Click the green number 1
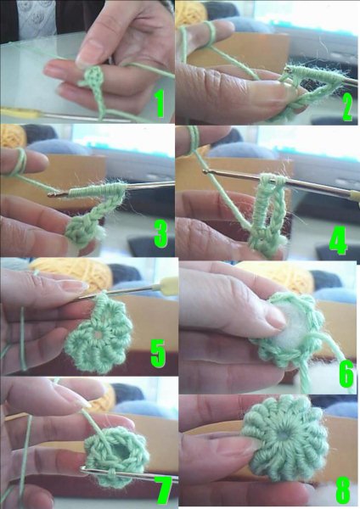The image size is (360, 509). click(160, 103)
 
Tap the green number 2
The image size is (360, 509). click(347, 108)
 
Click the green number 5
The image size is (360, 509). click(158, 354)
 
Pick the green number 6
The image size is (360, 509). click(346, 374)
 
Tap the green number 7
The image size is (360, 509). click(163, 490)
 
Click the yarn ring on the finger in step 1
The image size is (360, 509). click(93, 77)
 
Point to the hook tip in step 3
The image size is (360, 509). click(50, 194)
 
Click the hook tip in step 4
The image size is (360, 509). click(205, 171)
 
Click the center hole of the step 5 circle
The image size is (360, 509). click(96, 334)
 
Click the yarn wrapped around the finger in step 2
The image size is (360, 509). click(211, 32)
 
